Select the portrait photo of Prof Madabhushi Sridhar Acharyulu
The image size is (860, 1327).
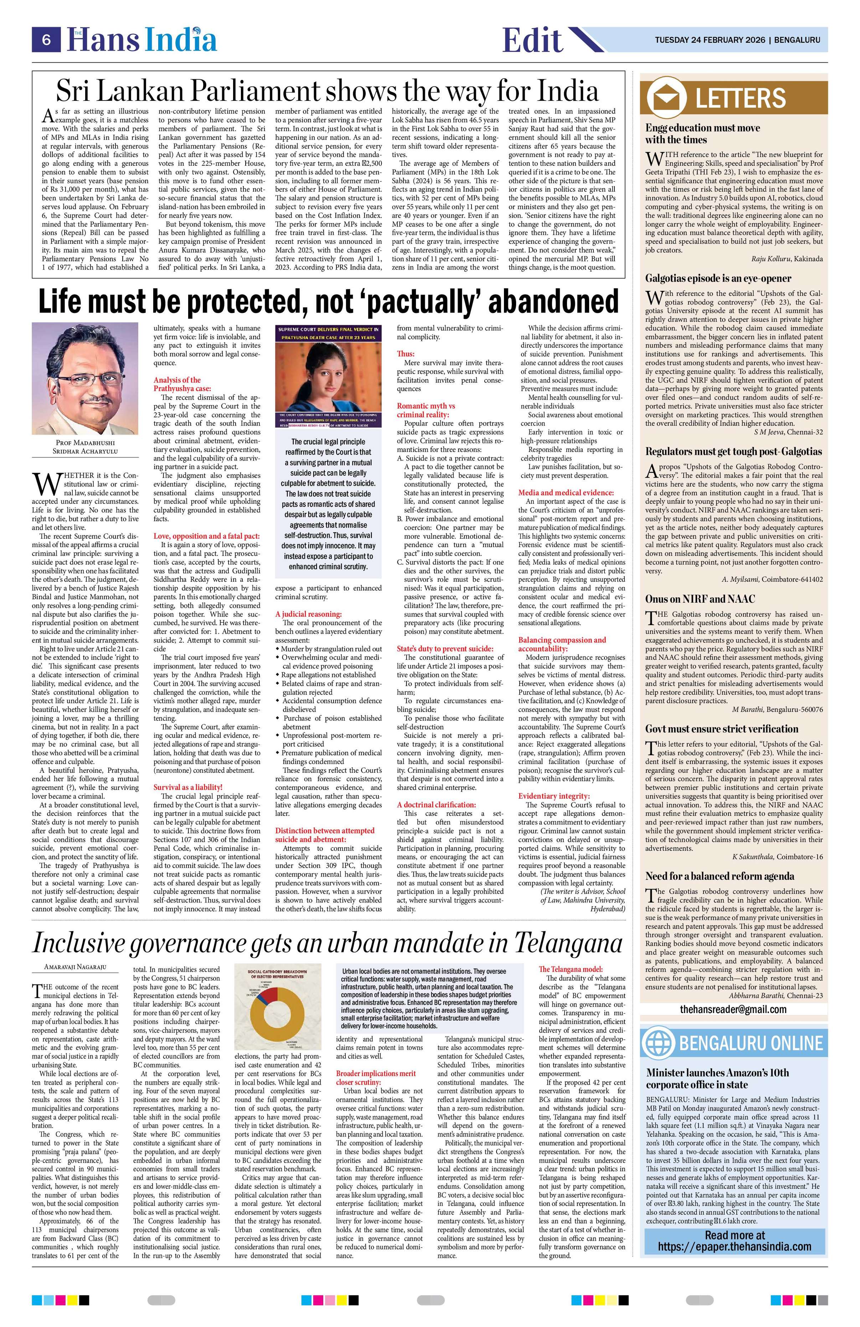[85, 380]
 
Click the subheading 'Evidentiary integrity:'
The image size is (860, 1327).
[553, 796]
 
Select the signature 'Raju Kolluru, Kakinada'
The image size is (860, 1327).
[786, 259]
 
